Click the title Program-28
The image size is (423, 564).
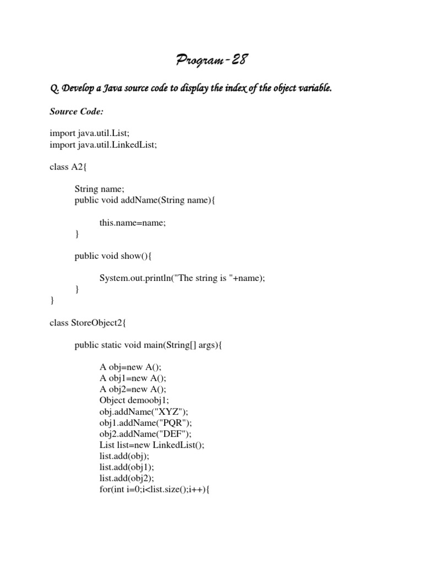pos(211,59)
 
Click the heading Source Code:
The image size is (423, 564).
pos(77,111)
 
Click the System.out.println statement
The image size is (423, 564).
pos(182,278)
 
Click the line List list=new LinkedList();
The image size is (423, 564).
pos(152,444)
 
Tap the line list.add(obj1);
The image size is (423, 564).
pos(127,467)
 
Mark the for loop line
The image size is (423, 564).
pos(155,489)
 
